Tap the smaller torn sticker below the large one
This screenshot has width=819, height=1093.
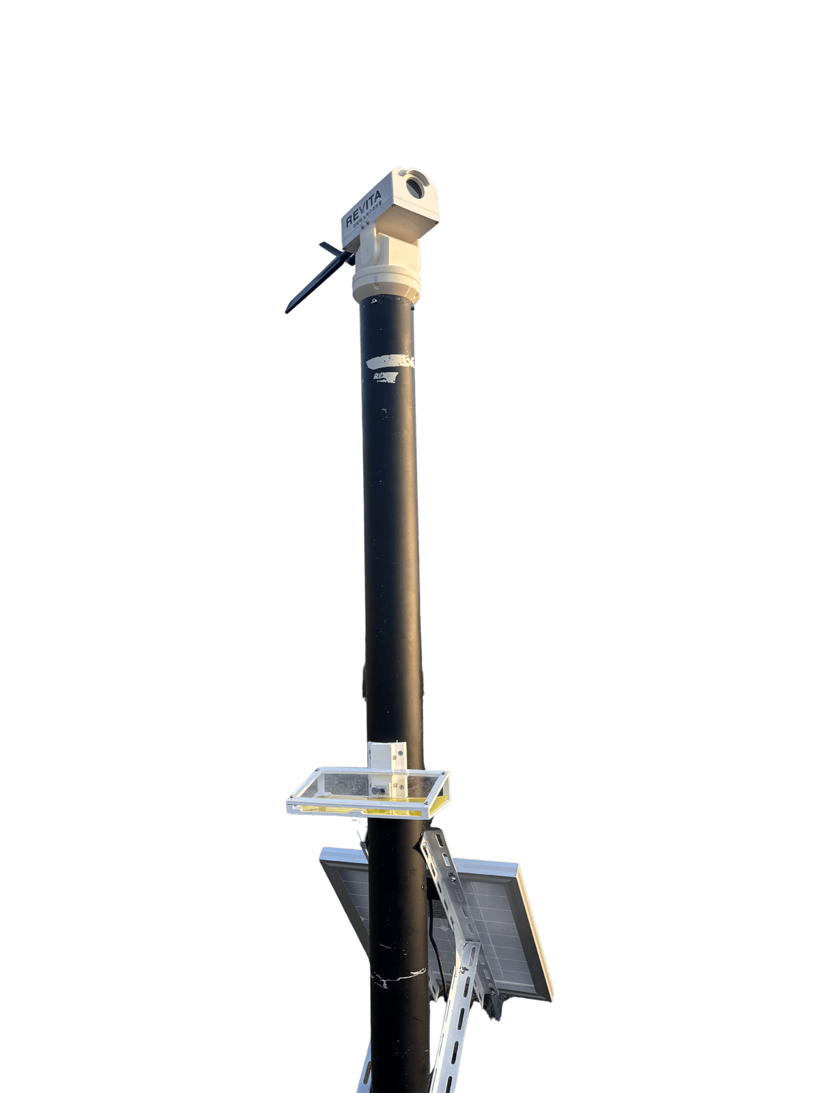(x=384, y=377)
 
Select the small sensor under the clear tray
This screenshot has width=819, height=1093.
(x=380, y=791)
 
